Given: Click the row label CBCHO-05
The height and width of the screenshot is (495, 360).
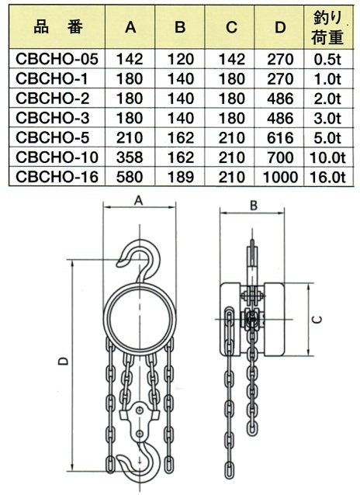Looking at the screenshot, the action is point(57,59).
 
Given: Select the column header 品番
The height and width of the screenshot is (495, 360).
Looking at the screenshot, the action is point(58,27).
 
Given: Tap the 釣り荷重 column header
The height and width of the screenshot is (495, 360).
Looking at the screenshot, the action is point(327,27).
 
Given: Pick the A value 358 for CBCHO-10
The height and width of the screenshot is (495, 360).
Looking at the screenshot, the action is point(130,157).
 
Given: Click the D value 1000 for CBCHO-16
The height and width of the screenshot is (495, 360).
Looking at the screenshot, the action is point(280,177).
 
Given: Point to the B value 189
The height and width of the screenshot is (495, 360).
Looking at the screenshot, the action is point(180,177).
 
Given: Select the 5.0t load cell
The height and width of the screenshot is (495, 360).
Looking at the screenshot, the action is point(327,137).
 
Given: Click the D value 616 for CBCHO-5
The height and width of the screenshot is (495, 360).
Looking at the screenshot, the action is point(280,137).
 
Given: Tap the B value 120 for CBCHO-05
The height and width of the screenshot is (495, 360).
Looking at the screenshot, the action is point(180,59).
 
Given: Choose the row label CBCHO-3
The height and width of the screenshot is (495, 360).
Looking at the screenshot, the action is point(53,118).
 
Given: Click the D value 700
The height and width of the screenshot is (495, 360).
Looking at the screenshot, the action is point(280,157).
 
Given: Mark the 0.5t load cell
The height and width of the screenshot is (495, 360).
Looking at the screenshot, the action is point(327,59).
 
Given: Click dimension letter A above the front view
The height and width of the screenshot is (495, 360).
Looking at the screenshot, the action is point(139,200).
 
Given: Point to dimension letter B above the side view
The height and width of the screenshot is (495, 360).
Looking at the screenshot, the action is point(254,206).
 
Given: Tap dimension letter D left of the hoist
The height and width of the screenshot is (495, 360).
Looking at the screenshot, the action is point(63,361).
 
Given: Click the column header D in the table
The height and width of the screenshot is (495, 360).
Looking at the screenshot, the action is point(280,27).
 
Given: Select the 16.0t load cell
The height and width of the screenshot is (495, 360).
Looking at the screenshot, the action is point(327,177).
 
